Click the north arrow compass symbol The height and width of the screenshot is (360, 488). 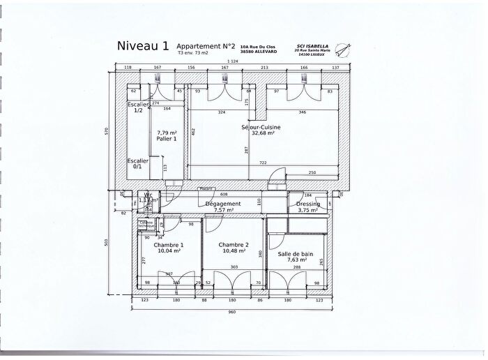340,49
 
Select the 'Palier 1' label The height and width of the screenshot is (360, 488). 167,139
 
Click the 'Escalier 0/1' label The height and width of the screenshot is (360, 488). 137,163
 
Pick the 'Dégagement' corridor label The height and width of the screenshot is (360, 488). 223,204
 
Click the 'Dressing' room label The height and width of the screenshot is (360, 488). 307,204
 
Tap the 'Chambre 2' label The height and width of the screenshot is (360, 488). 234,245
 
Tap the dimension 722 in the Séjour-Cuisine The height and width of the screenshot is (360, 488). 263,163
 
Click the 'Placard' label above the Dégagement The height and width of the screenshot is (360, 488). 206,188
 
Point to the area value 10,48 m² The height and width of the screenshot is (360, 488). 234,251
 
